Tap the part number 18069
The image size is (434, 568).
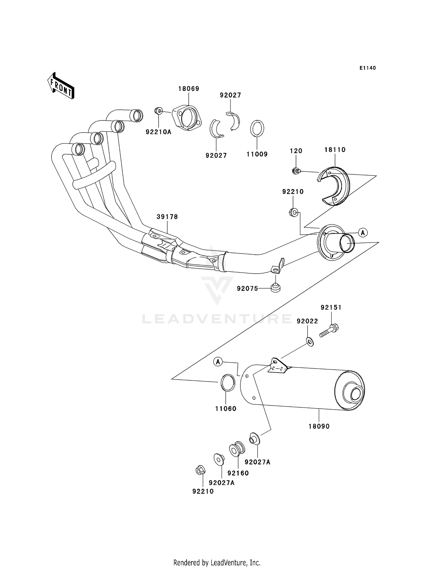click(189, 89)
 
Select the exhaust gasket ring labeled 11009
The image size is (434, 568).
click(257, 128)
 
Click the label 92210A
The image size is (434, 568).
click(158, 132)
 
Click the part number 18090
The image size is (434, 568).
click(319, 426)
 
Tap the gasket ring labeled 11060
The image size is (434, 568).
click(228, 383)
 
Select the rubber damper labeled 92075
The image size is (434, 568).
click(275, 288)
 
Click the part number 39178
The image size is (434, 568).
click(167, 217)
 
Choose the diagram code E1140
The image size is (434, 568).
click(368, 68)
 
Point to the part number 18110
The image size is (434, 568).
click(335, 150)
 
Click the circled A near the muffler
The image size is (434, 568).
click(218, 362)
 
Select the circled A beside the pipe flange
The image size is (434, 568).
click(363, 232)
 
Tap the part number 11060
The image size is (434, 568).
click(226, 409)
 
